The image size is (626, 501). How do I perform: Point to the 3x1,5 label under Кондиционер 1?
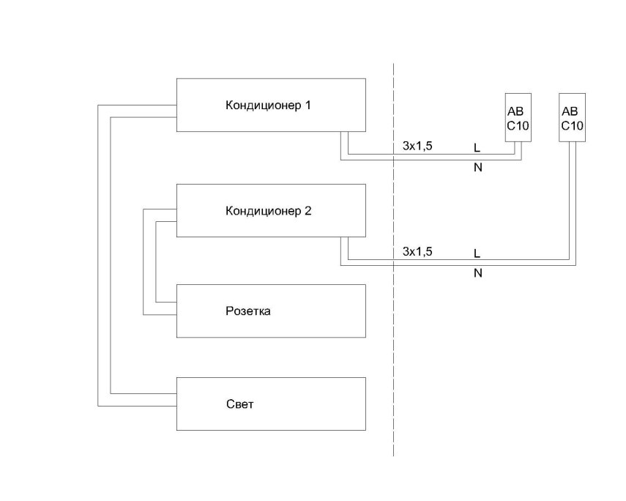tap(417, 146)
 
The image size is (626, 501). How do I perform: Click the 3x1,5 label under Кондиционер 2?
tap(417, 251)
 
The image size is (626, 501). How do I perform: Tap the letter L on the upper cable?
tap(477, 148)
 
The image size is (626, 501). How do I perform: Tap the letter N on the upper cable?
tap(478, 168)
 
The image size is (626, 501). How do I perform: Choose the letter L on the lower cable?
tap(477, 253)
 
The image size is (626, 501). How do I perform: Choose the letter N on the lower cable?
tap(478, 273)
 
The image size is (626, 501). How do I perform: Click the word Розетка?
tap(248, 311)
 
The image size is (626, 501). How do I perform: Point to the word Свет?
tap(240, 404)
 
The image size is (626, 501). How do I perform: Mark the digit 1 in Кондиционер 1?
tap(308, 105)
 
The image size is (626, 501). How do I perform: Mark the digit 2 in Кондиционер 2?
tap(308, 211)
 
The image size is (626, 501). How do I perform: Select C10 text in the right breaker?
tap(573, 125)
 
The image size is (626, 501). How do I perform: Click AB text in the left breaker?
tap(515, 112)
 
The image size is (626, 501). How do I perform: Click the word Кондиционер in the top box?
tap(264, 105)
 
